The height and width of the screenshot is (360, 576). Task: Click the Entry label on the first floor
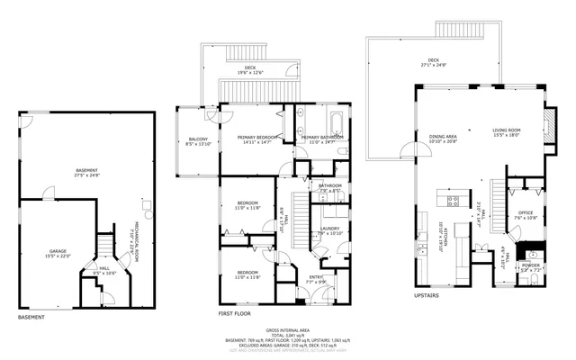point(316,280)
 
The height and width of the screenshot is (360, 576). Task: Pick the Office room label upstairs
point(526,215)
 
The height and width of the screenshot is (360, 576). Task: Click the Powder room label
point(531,267)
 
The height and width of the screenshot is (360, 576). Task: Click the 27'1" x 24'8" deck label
point(433,63)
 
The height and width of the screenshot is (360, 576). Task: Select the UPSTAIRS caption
point(426,294)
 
